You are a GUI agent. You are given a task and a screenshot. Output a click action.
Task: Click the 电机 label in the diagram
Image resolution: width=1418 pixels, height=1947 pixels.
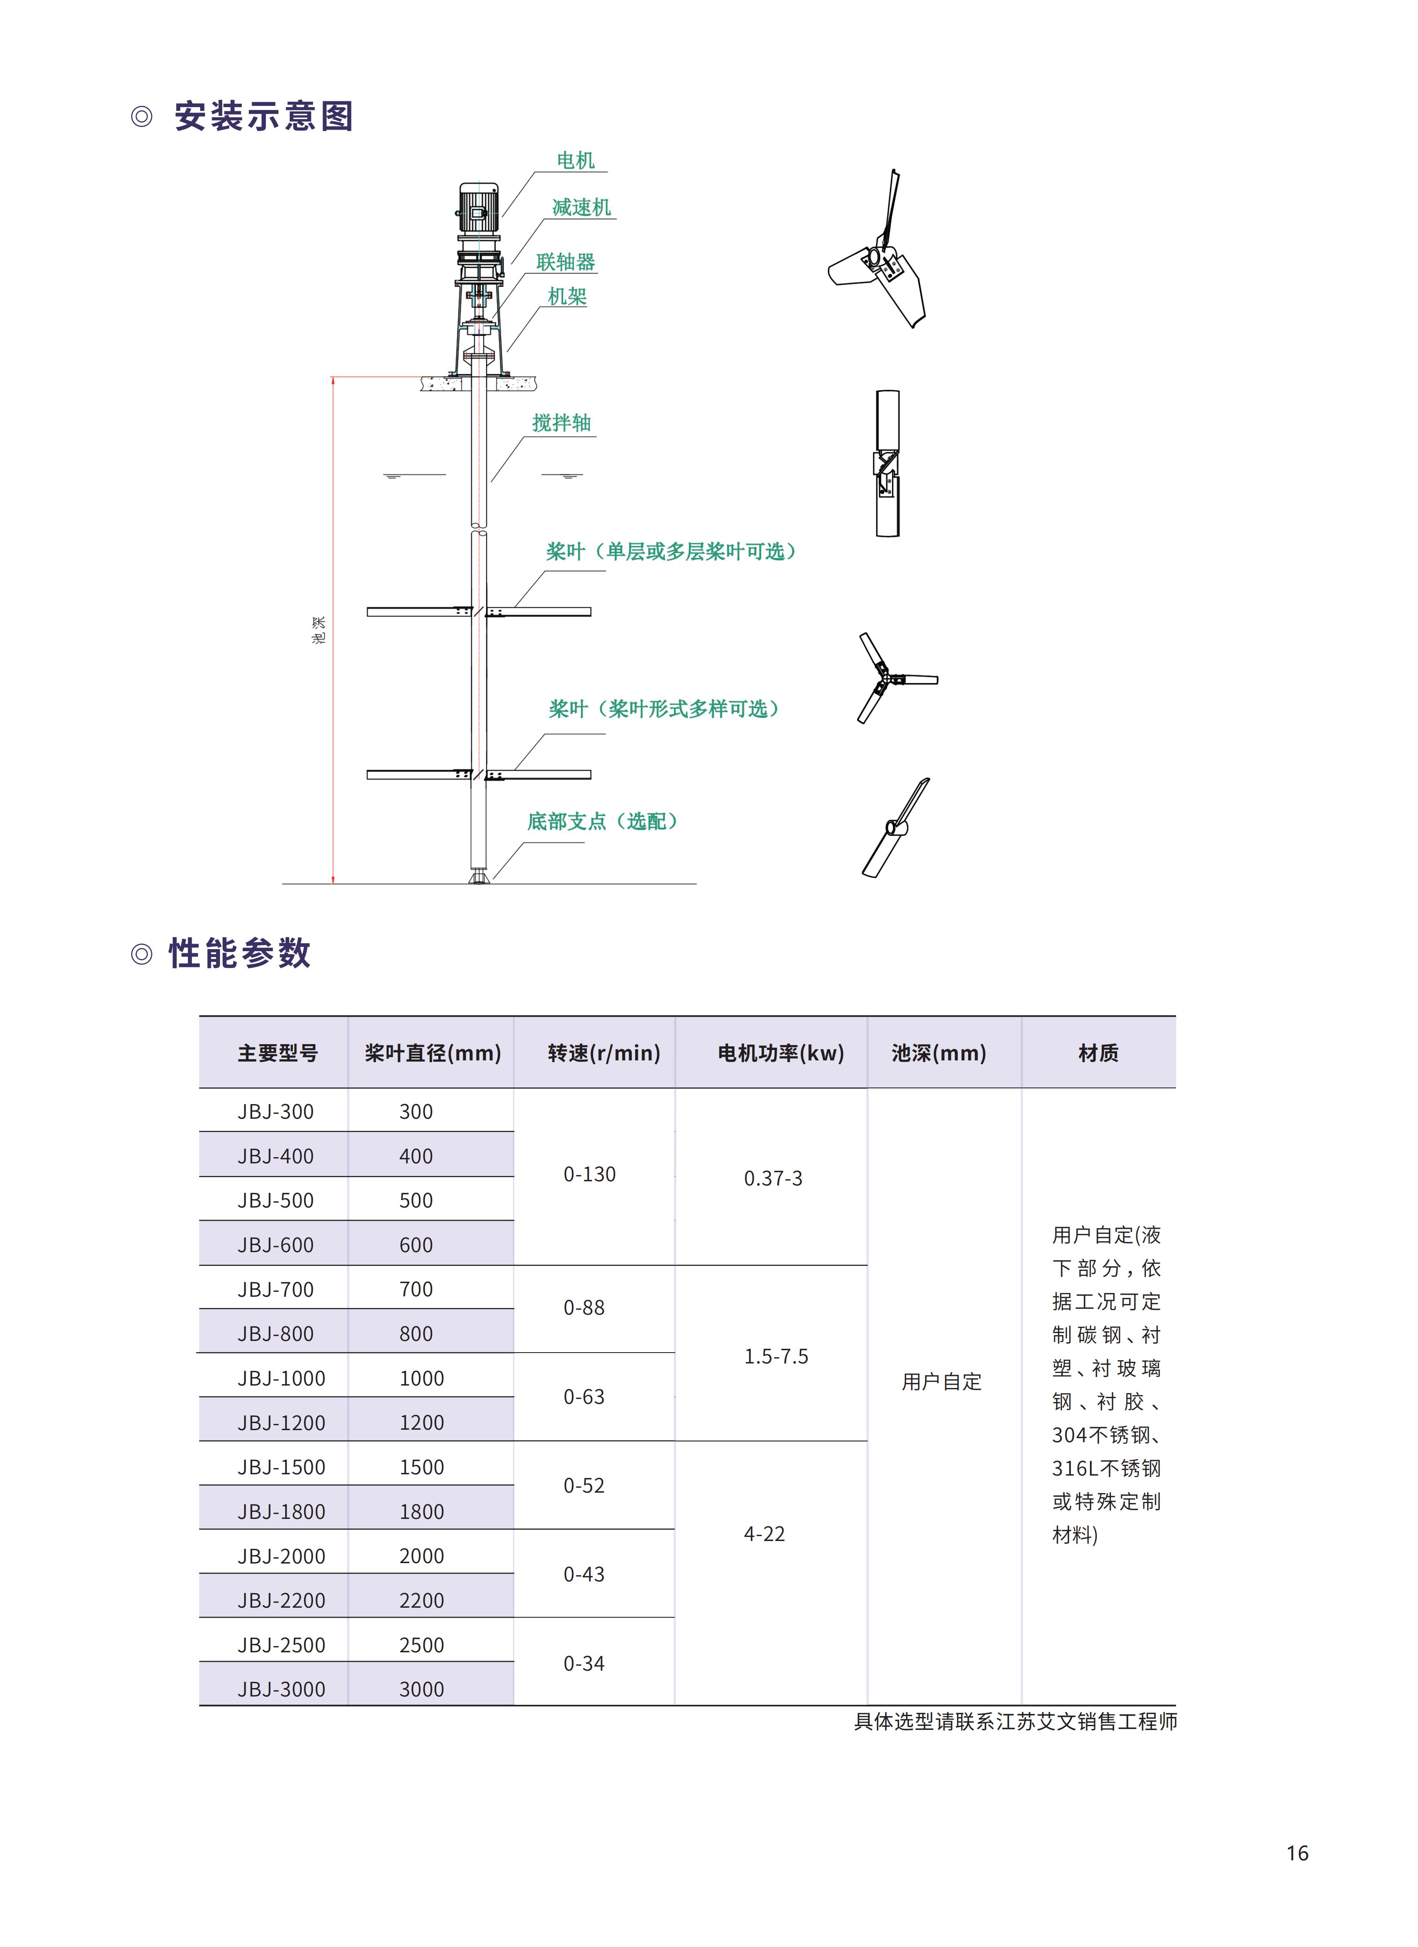[x=575, y=160]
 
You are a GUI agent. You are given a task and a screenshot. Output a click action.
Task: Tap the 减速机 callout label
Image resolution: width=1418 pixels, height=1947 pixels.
[x=581, y=208]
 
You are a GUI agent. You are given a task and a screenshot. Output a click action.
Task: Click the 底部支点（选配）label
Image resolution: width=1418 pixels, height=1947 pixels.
[x=603, y=822]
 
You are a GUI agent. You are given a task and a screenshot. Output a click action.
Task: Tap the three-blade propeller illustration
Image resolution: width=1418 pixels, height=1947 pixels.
[x=893, y=678]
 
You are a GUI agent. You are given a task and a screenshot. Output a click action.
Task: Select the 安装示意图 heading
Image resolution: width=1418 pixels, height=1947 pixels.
[x=263, y=116]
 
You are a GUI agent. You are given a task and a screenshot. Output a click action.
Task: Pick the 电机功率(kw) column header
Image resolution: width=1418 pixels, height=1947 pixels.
[x=780, y=1053]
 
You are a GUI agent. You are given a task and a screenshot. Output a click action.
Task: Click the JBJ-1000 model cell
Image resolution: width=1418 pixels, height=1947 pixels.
[x=281, y=1379]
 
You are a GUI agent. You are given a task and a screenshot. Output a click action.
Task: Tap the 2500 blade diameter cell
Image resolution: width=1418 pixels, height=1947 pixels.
[x=421, y=1646]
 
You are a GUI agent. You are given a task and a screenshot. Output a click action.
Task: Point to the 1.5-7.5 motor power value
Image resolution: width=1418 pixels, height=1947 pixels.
[x=776, y=1356]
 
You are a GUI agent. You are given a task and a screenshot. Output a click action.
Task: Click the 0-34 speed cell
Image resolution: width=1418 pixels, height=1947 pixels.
[x=584, y=1664]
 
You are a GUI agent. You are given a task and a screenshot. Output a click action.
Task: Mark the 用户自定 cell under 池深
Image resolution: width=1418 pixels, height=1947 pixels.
[x=942, y=1381]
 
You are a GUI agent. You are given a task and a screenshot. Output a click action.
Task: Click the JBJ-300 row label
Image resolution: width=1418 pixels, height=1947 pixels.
[x=276, y=1112]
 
